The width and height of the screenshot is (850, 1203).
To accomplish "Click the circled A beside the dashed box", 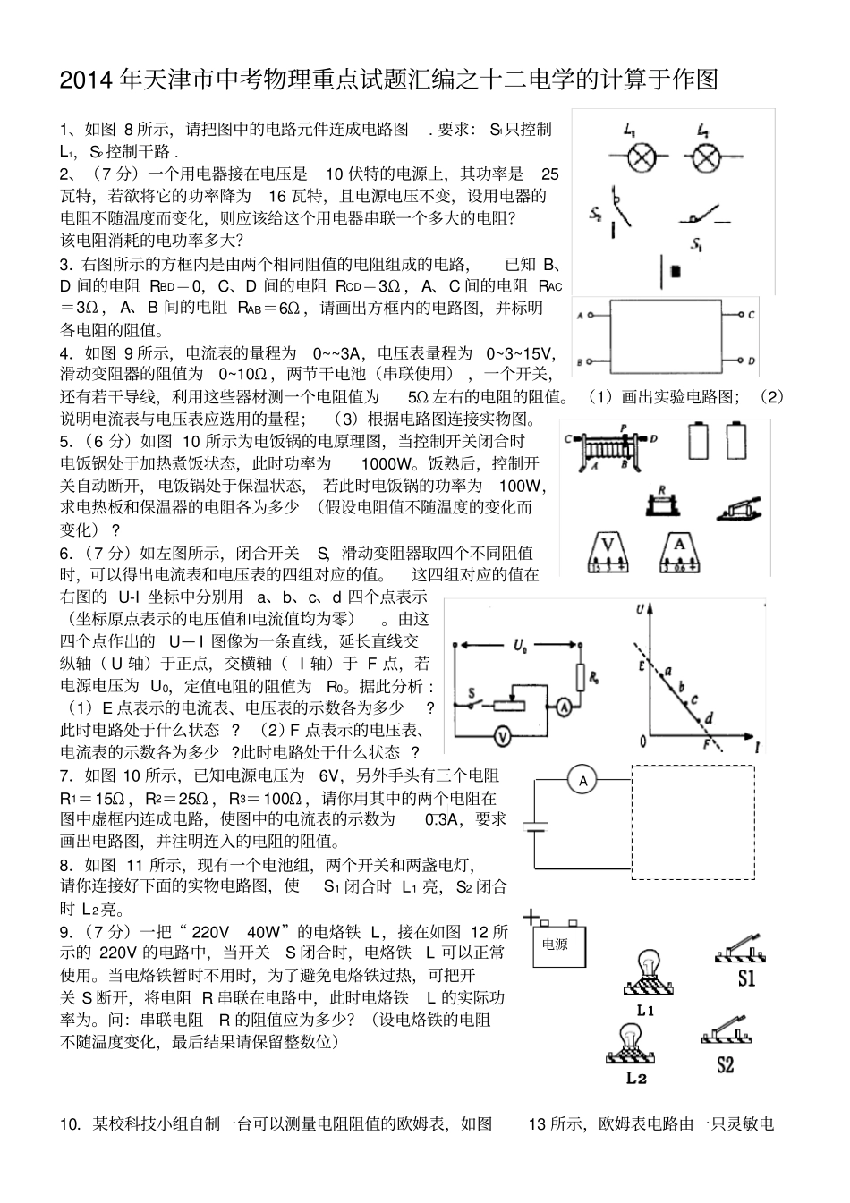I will pos(583,781).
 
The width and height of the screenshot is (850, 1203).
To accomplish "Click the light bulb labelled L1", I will pos(646,975).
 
